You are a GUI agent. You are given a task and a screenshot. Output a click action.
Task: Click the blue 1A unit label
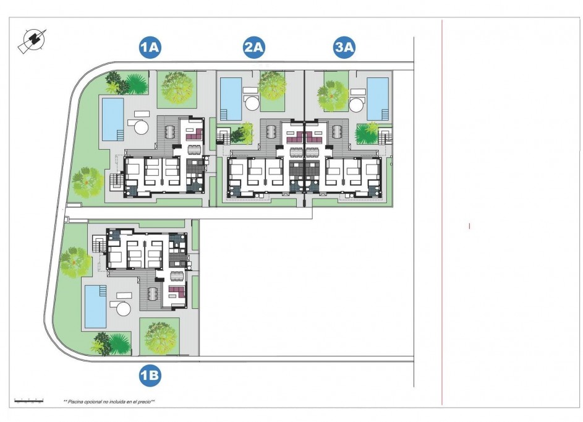[x=150, y=48]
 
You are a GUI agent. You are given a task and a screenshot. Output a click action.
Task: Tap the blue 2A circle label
[x=254, y=48]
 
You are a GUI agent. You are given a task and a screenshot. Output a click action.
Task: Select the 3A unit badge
[x=344, y=48]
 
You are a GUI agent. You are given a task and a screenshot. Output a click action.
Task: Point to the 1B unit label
[x=150, y=374]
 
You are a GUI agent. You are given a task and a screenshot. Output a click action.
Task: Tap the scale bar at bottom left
[x=29, y=401]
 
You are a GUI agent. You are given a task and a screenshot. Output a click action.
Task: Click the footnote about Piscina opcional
[x=109, y=402]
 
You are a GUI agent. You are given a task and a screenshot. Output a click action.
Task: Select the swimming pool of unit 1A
[x=113, y=119]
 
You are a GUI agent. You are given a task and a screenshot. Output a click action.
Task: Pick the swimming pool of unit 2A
[x=231, y=98]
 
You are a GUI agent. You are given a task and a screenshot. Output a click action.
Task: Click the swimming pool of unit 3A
[x=378, y=98]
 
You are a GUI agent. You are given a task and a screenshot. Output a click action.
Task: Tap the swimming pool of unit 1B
[x=95, y=306]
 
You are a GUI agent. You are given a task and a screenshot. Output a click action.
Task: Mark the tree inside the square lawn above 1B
[x=160, y=336]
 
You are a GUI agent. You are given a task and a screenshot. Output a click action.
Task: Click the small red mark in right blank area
[x=470, y=226]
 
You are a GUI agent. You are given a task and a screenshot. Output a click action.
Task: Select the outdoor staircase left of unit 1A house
[x=115, y=181]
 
